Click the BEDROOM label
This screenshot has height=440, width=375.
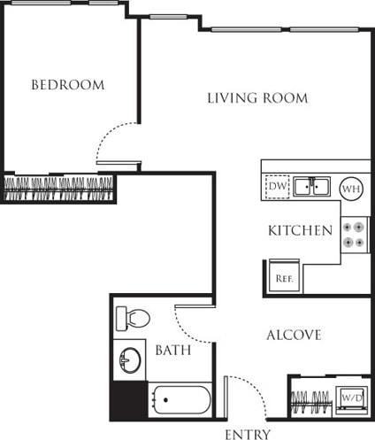pos(68,85)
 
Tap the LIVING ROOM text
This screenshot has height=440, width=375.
pos(257,97)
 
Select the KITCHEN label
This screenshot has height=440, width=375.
pos(301,230)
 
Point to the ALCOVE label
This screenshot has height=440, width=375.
pos(294,335)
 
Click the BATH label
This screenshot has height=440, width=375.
pos(173,350)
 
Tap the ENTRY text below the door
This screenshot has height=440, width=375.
pos(248,434)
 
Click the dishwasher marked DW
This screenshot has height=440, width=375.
pos(277,187)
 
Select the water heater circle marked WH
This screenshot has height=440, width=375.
pos(350,188)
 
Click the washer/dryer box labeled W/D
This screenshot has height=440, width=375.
pos(351,398)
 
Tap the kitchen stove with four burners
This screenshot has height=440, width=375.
pos(353,234)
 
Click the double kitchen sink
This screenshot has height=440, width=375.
pos(311,187)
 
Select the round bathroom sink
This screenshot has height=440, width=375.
pos(130,359)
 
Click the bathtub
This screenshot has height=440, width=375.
pos(180,400)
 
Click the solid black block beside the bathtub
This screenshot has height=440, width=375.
pos(127,400)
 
